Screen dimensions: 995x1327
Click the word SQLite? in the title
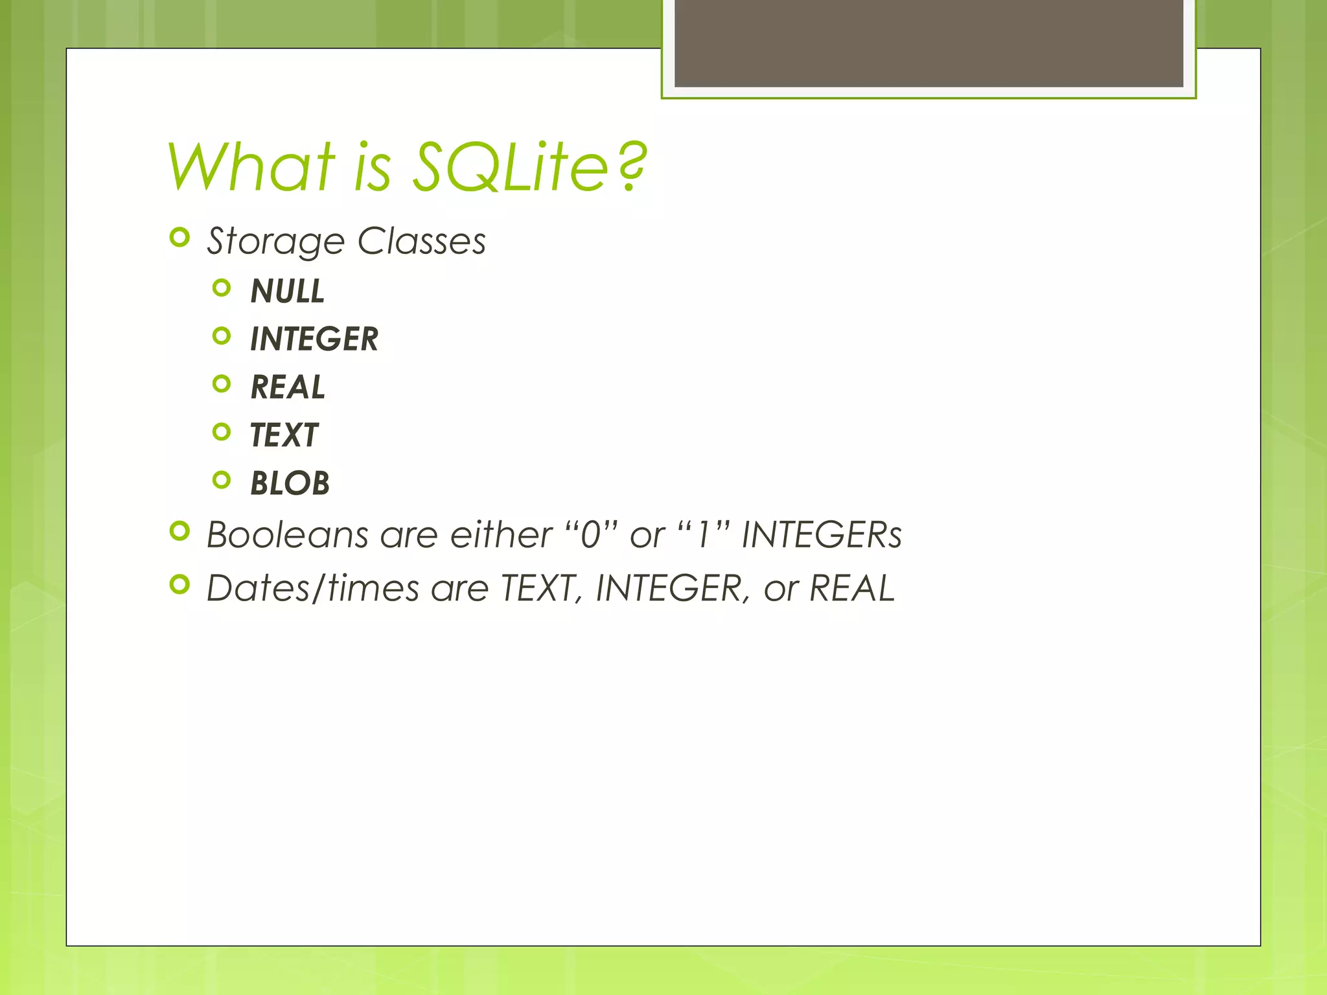[x=529, y=168]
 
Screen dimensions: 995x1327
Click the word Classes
[x=421, y=241]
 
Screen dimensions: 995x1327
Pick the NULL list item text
[x=288, y=291]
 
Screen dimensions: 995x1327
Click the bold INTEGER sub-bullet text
[x=314, y=339]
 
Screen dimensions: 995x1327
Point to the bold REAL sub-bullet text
[x=288, y=387]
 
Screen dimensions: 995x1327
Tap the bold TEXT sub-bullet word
[x=284, y=435]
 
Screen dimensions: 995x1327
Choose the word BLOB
[x=290, y=483]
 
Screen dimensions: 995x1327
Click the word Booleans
[x=287, y=535]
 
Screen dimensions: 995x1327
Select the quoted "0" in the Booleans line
[x=590, y=535]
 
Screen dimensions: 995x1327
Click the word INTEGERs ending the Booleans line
[x=821, y=535]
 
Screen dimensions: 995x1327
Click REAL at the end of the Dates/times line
[x=851, y=588]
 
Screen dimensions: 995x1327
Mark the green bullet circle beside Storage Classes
[x=179, y=238]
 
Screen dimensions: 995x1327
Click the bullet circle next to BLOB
[x=222, y=480]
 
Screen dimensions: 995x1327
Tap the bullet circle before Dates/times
[x=179, y=584]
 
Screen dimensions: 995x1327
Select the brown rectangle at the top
[x=929, y=43]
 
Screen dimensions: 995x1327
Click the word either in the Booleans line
[x=501, y=535]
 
